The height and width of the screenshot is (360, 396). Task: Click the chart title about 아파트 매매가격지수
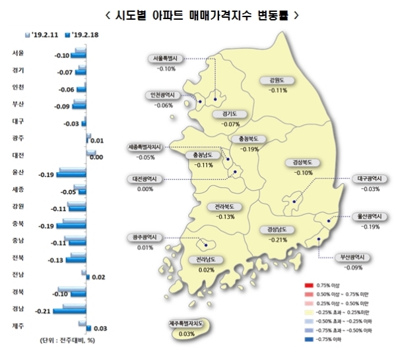(x=197, y=15)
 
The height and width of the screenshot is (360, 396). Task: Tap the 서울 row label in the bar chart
(x=19, y=52)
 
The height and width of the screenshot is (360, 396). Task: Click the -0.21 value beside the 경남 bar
(x=44, y=309)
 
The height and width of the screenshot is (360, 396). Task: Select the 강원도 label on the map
(x=279, y=81)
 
